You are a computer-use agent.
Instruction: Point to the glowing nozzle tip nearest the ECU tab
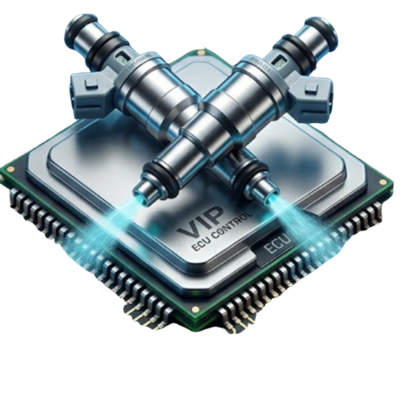[271, 199]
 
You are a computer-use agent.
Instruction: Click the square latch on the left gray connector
[92, 85]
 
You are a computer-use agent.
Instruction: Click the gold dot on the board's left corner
[11, 169]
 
